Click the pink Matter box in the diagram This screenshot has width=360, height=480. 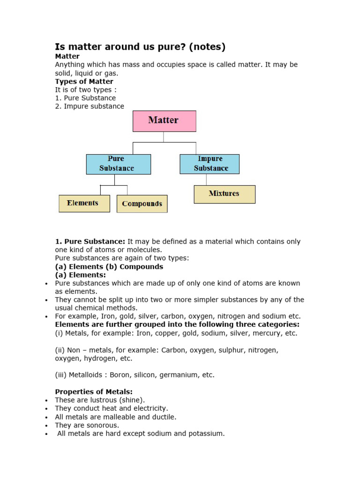click(164, 121)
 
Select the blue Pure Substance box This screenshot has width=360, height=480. click(118, 164)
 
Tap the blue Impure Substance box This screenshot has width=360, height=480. click(210, 164)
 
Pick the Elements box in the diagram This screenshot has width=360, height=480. click(84, 203)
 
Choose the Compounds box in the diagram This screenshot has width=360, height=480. click(142, 204)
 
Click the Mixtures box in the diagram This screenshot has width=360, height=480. click(225, 194)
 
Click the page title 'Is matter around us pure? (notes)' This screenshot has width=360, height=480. click(140, 47)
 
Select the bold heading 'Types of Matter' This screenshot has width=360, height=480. click(84, 82)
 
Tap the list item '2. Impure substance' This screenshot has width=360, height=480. click(90, 106)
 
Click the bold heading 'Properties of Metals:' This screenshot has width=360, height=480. click(94, 392)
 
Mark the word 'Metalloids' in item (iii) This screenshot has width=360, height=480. click(87, 375)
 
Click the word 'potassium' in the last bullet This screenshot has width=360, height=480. click(207, 434)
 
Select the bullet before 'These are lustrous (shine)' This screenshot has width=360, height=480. click(46, 400)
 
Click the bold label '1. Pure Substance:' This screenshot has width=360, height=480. click(90, 241)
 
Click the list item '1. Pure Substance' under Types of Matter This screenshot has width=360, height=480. click(85, 98)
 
